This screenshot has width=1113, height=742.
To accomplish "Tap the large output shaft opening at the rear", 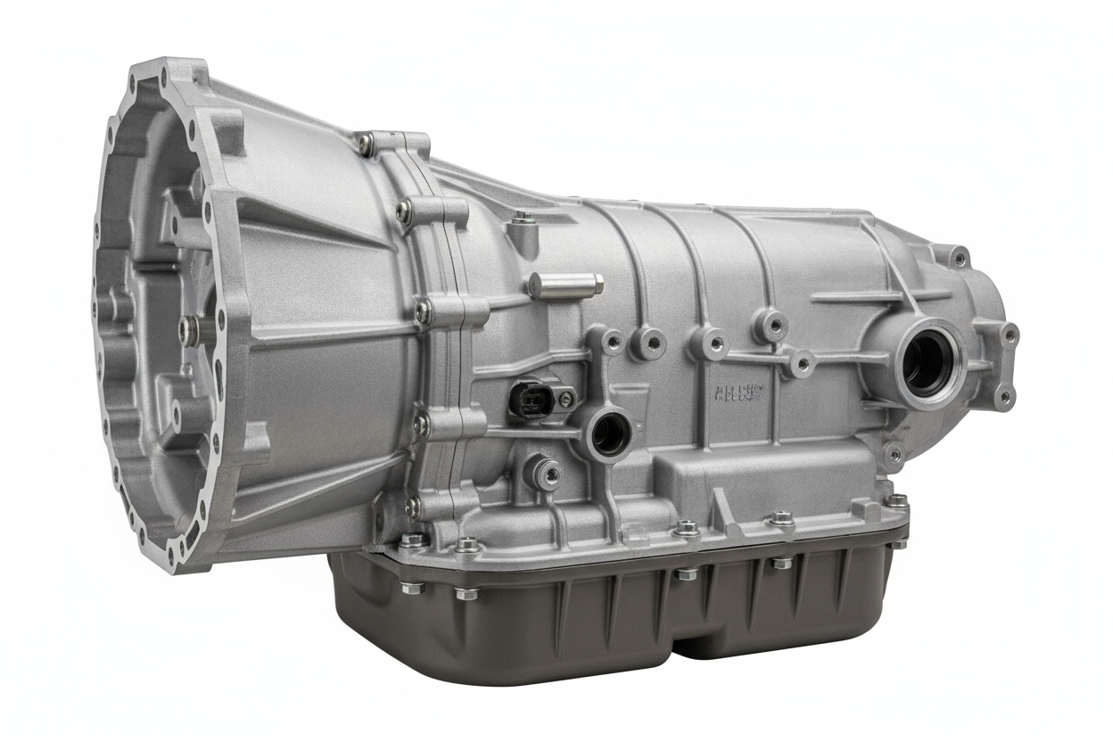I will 928,360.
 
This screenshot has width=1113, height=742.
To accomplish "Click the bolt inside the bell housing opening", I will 187,330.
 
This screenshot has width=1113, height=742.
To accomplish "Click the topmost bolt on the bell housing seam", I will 367,143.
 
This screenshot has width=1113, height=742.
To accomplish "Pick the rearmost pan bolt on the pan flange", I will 895,501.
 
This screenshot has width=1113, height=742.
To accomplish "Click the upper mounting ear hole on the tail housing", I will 959,258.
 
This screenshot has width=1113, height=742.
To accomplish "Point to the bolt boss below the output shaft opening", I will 893,454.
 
